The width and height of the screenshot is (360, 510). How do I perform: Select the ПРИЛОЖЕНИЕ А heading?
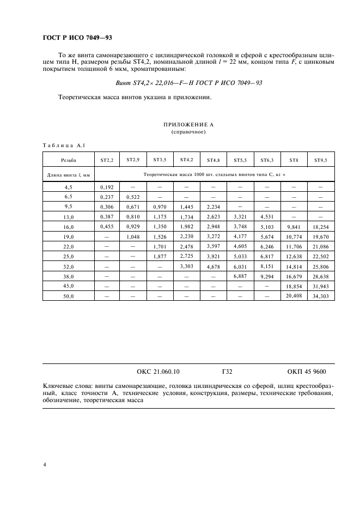188,125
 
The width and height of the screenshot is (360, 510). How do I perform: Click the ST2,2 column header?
106,160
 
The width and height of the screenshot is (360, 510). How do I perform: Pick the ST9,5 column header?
320,160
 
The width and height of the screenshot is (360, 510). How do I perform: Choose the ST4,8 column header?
213,160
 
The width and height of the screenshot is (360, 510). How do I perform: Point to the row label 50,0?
69,295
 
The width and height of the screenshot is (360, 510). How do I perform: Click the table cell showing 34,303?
320,295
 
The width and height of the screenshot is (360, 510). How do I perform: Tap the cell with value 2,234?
213,207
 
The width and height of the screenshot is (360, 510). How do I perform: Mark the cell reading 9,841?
294,226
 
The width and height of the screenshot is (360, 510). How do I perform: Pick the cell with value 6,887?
240,276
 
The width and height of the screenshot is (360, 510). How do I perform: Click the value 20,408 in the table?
294,295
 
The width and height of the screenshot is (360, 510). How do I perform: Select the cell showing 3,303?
186,266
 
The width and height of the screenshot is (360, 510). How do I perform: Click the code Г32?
228,372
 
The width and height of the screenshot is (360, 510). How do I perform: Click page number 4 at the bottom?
44,465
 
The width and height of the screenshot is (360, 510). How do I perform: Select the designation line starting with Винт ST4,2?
188,83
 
